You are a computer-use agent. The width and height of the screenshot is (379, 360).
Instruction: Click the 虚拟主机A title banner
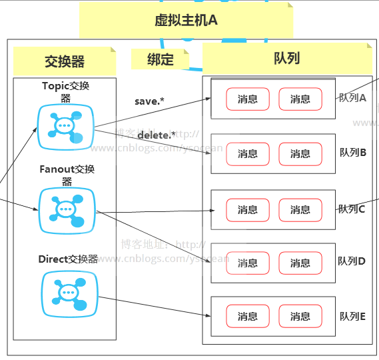[x=186, y=21]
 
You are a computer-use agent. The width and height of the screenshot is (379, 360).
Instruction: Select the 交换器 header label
[x=65, y=61]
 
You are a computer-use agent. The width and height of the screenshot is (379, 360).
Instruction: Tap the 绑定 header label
[x=161, y=59]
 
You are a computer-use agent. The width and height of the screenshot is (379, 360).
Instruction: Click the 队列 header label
[x=287, y=59]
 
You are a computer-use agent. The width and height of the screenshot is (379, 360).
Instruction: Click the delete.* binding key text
[x=157, y=135]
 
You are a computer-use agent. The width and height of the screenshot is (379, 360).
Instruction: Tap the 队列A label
[x=353, y=97]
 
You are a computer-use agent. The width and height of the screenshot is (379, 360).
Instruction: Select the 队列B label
[x=353, y=152]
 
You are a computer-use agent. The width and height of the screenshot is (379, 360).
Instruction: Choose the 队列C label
[x=352, y=209]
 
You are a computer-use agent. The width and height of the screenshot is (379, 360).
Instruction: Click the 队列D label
[x=352, y=261]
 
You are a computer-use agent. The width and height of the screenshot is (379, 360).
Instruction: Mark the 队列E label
[x=352, y=316]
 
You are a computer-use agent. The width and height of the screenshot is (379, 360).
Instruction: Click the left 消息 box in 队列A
[x=247, y=99]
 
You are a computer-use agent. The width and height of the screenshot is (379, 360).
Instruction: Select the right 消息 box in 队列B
[x=300, y=154]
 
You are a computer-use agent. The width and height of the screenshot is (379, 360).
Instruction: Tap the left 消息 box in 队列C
[x=247, y=209]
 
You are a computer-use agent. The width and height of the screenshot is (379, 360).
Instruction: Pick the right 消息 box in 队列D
[x=300, y=263]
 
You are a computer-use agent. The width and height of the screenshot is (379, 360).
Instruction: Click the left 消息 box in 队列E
[x=247, y=316]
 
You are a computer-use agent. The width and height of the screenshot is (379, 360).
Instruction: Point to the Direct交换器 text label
[x=68, y=259]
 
